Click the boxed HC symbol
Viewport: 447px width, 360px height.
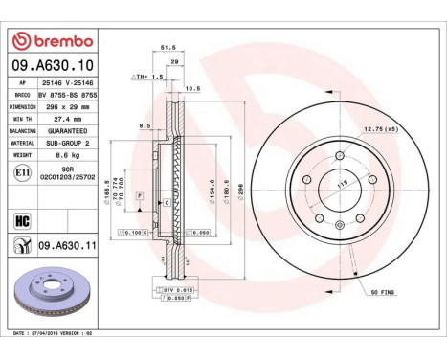21,219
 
